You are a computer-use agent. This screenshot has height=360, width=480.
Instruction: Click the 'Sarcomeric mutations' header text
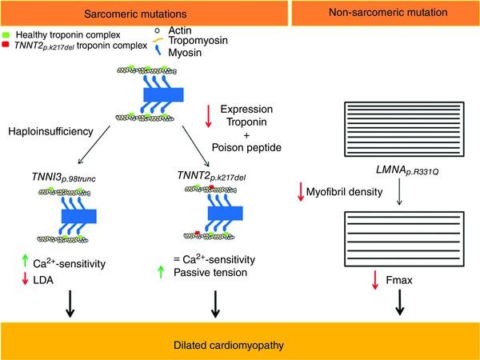pyautogui.click(x=135, y=14)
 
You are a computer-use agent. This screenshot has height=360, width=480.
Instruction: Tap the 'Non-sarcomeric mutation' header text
pyautogui.click(x=388, y=13)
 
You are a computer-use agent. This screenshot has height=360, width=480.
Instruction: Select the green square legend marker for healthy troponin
pyautogui.click(x=6, y=35)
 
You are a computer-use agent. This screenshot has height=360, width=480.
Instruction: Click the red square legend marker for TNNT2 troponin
pyautogui.click(x=6, y=45)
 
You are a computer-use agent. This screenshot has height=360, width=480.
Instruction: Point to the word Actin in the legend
pyautogui.click(x=180, y=30)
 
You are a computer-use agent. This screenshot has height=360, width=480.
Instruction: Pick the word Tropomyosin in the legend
pyautogui.click(x=198, y=40)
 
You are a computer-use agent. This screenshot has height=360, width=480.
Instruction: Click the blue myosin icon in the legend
pyautogui.click(x=158, y=50)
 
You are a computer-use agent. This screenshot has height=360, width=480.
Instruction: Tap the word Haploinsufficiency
pyautogui.click(x=51, y=131)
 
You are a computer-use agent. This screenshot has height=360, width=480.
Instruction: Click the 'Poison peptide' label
pyautogui.click(x=246, y=147)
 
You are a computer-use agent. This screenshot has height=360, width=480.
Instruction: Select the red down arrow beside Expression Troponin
pyautogui.click(x=209, y=116)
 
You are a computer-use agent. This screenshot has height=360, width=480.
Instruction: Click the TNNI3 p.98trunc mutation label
pyautogui.click(x=64, y=178)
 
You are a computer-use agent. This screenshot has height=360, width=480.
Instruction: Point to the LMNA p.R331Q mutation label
pyautogui.click(x=407, y=170)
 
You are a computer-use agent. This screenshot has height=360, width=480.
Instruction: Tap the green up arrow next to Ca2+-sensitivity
pyautogui.click(x=25, y=261)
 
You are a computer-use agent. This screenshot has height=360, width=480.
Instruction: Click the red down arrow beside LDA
pyautogui.click(x=25, y=279)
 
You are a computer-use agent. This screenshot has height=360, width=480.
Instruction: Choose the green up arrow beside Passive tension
pyautogui.click(x=161, y=272)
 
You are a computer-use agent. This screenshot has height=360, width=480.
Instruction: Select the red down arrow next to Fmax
pyautogui.click(x=375, y=280)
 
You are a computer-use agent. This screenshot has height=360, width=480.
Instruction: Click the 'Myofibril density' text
pyautogui.click(x=344, y=192)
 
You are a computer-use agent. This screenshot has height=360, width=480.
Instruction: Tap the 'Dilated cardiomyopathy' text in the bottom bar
pyautogui.click(x=229, y=346)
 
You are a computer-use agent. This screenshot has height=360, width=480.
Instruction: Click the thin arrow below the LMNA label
pyautogui.click(x=399, y=192)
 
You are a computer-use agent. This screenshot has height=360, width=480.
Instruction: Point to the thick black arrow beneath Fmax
pyautogui.click(x=400, y=302)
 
